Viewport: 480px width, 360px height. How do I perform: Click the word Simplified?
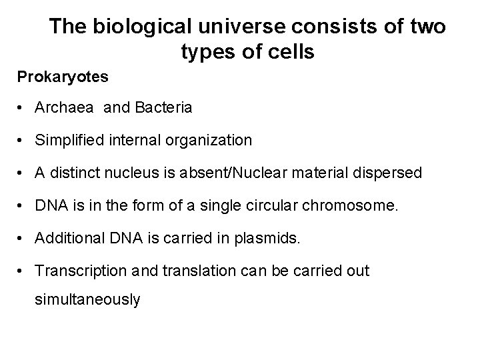[x=69, y=141]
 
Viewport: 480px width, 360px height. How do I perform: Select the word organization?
[x=211, y=141]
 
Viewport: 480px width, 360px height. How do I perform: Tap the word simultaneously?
[x=87, y=300]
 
